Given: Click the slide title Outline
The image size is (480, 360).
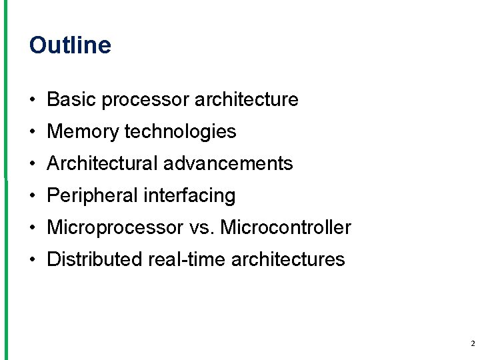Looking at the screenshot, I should [x=70, y=45].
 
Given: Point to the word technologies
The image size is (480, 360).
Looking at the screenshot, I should [x=180, y=132].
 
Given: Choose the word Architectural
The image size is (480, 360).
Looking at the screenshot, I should [x=102, y=164].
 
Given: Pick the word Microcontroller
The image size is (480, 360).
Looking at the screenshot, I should [x=285, y=228].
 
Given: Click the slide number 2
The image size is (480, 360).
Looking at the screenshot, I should [x=472, y=344].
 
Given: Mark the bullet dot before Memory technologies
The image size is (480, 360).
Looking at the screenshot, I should [x=33, y=132].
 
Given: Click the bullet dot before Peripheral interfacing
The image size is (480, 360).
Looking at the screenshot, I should [x=33, y=196].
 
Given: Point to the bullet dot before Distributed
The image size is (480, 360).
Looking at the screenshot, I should [x=33, y=260].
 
